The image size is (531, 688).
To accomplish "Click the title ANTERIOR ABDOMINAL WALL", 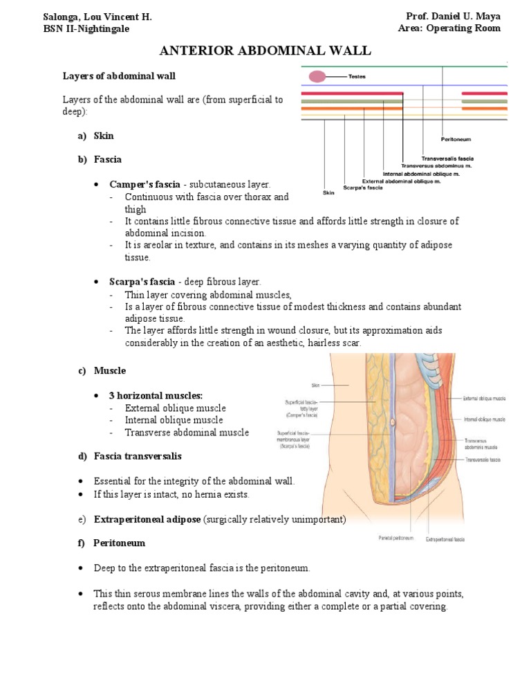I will pos(265,51).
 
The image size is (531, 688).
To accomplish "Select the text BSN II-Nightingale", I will pos(86,28).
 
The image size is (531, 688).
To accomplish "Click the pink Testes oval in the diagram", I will pos(317,76).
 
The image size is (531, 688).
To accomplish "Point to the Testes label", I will pos(357,76).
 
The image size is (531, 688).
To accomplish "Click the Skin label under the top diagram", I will pos(329,193).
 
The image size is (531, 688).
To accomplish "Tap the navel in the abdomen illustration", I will pos(393,422).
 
